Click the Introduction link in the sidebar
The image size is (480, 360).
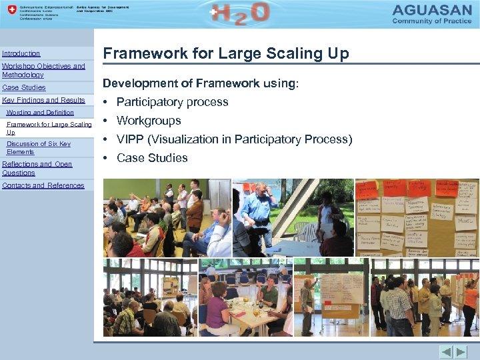pos(21,53)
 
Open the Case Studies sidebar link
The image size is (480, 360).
pos(24,87)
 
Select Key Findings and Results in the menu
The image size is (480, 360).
pos(43,100)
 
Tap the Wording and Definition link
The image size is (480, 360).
pos(40,113)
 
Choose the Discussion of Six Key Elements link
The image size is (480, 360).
pos(39,147)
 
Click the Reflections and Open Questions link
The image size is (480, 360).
pos(37,168)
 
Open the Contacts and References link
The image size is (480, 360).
pos(43,185)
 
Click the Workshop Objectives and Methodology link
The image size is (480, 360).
pos(43,70)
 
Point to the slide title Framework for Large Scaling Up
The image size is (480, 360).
pos(225,54)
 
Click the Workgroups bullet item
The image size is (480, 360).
pos(149,121)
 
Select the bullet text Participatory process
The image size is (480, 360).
pos(172,102)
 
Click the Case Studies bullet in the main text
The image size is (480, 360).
pos(152,158)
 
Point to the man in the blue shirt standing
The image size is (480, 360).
pos(257,207)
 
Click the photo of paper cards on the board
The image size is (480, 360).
pos(417,217)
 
